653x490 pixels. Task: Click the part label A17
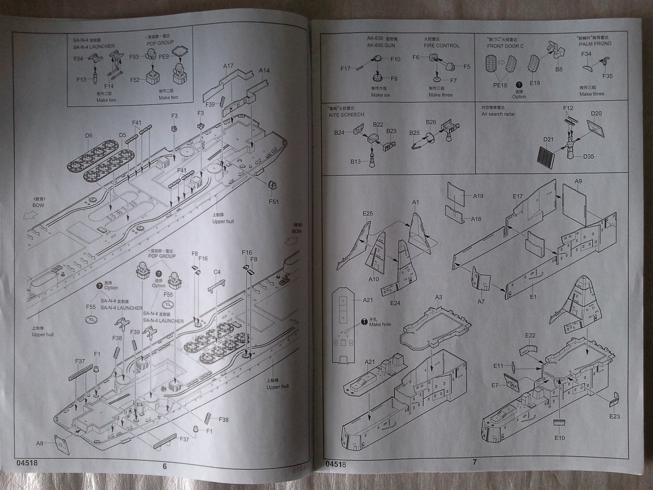228,66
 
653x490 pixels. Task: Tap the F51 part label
274,201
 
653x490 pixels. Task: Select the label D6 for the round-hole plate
89,136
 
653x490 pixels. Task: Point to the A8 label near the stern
40,443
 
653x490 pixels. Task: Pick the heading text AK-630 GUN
381,46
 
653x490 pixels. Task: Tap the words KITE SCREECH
346,115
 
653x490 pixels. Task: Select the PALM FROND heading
595,44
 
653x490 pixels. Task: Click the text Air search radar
498,114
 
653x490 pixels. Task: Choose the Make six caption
380,95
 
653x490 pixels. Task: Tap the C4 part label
217,272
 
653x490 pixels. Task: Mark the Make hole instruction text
380,324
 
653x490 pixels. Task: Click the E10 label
560,438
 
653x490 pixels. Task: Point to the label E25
367,213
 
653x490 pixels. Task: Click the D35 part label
589,156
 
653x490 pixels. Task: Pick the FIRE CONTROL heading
441,46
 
